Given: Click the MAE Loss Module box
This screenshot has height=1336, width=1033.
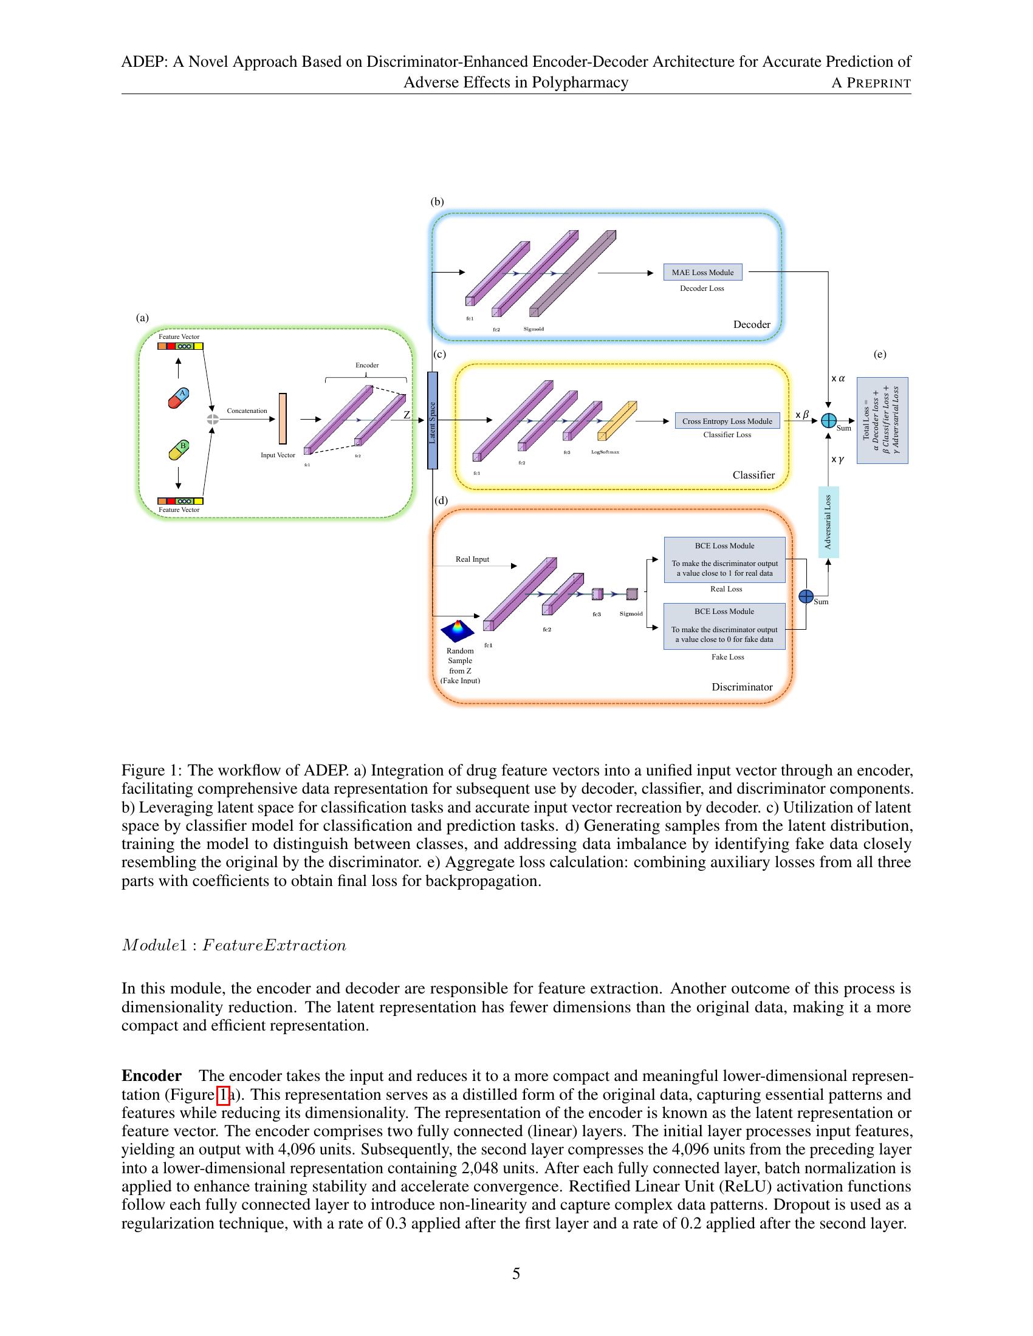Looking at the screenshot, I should pos(702,272).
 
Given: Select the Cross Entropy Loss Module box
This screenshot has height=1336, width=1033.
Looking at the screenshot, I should pos(727,421).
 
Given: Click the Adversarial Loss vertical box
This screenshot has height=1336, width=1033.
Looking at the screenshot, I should pos(828,522).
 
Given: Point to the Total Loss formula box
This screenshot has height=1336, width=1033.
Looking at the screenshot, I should pos(882,420).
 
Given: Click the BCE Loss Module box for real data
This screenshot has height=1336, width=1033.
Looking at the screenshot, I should pos(724,560).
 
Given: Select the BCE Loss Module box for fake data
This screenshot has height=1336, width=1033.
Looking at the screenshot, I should pos(724,625).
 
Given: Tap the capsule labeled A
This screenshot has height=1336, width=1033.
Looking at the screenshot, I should pos(179,398).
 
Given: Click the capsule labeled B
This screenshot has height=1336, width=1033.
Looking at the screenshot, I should pos(179,450).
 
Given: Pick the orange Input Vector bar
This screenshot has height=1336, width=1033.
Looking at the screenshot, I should pos(283,418).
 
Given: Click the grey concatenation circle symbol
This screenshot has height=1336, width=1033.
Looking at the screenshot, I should pos(212,419).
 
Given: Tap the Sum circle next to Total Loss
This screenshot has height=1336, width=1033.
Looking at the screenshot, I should pos(828,420).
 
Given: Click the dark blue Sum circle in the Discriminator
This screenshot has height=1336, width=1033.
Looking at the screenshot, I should pos(806,596).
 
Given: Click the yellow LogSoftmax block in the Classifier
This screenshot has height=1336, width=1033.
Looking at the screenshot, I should pos(617,421).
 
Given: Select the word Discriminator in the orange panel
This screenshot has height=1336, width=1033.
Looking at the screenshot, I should pos(742,687).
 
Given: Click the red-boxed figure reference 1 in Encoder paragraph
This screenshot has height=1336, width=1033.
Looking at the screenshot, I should pos(224,1094).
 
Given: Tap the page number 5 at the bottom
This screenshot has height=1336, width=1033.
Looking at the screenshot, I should pos(516,1273).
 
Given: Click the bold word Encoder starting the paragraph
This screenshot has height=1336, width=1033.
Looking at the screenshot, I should pos(151,1075).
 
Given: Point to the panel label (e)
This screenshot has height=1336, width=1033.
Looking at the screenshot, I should pos(879,354).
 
